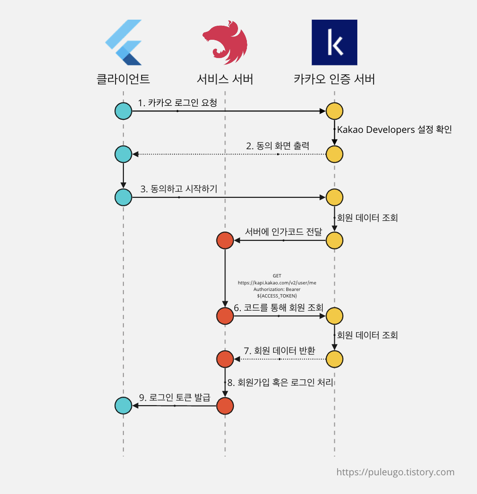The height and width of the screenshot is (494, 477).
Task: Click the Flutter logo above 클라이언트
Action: click(123, 43)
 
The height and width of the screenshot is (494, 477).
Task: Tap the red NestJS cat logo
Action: click(224, 43)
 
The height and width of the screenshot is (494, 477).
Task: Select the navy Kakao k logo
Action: click(334, 43)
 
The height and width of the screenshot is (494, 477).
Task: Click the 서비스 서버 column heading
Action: click(225, 79)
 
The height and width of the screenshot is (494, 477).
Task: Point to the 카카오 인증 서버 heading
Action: click(334, 79)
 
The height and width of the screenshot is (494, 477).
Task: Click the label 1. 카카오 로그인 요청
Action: click(177, 103)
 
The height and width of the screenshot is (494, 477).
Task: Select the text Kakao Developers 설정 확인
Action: click(394, 130)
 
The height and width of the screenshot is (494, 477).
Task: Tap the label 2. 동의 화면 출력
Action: click(278, 145)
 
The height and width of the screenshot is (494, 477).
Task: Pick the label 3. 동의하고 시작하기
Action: click(179, 189)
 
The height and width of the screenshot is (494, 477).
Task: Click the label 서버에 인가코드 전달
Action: click(283, 232)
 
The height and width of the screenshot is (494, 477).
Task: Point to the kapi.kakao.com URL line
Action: click(277, 283)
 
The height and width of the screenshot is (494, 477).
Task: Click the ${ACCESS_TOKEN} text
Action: click(277, 296)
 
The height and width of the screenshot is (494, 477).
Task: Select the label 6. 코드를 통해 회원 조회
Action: click(278, 308)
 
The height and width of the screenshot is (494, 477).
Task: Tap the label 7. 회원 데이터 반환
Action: click(280, 351)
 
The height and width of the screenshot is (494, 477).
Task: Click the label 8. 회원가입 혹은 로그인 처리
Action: click(280, 383)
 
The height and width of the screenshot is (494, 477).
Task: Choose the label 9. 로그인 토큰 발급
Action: click(174, 398)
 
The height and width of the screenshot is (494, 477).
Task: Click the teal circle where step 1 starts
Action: click(123, 111)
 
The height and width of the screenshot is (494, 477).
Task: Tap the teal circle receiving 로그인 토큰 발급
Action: click(123, 406)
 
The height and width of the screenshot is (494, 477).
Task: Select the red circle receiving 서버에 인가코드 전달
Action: click(225, 240)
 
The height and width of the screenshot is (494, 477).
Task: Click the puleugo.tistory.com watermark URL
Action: click(395, 472)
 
